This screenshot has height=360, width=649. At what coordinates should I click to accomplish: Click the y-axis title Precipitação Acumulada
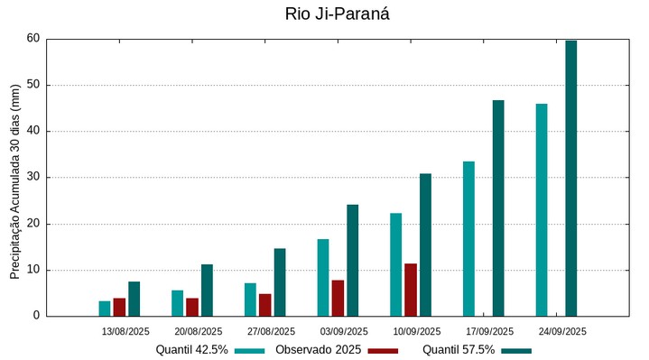14,181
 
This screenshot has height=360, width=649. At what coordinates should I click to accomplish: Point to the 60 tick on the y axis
33,39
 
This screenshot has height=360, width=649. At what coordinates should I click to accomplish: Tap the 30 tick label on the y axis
33,178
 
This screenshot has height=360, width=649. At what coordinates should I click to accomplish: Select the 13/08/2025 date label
125,331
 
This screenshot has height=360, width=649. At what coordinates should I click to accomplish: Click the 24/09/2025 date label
562,331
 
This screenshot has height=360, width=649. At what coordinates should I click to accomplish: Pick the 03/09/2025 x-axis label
344,331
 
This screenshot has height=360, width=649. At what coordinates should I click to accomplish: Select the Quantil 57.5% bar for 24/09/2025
570,178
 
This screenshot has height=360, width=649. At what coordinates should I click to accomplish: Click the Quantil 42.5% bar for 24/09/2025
542,209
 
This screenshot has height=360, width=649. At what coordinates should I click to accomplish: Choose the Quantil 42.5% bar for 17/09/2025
468,238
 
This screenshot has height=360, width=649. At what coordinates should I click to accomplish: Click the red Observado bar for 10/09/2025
411,290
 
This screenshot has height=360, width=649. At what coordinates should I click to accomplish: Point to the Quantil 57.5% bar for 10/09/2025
425,245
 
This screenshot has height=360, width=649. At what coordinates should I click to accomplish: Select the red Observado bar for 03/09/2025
338,298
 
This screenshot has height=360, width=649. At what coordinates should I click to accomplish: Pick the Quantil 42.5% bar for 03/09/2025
323,277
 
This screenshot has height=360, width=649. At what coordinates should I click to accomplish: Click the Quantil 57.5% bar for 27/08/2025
280,282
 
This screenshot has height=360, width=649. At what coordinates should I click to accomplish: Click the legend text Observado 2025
319,350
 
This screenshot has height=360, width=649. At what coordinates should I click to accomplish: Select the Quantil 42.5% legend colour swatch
250,350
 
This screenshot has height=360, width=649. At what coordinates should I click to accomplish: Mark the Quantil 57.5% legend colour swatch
516,350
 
